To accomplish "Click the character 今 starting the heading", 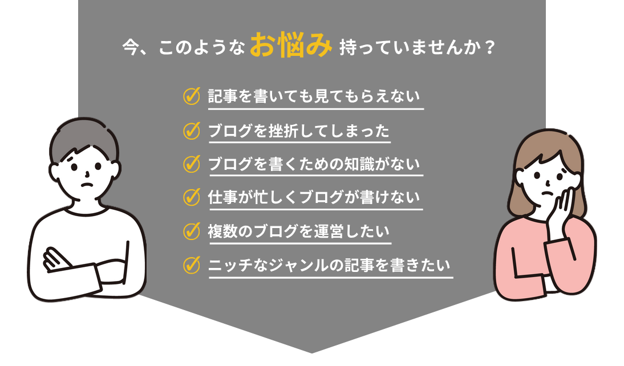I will coord(131,48).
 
